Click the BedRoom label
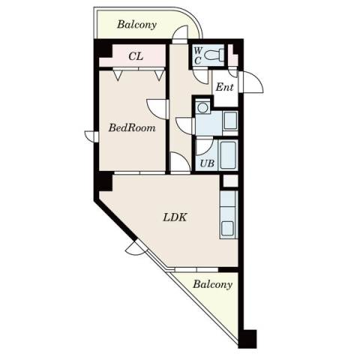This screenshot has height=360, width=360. click(132, 127)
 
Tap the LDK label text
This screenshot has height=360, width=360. click(175, 217)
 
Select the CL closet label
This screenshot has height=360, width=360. click(136, 56)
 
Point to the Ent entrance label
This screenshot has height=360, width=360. click(225, 87)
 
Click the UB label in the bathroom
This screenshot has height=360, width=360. click(207, 163)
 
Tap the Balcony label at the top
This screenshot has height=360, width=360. click(136, 25)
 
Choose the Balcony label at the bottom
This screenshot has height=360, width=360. click(213, 284)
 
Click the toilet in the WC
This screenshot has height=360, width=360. click(214, 55)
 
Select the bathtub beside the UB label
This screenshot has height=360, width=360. click(228, 155)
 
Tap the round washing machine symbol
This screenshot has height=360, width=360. click(202, 108)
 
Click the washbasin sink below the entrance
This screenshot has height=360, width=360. click(230, 121)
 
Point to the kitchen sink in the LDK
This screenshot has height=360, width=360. click(227, 228)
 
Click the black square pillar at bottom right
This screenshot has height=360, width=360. click(247, 339)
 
